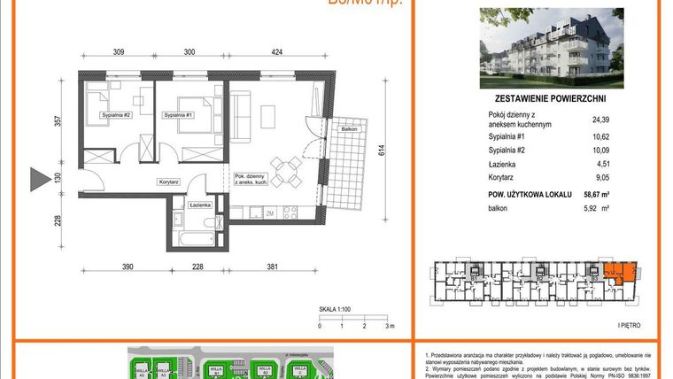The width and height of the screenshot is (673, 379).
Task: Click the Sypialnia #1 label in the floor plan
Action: [x=180, y=115]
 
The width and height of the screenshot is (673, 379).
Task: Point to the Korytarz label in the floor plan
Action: [x=170, y=182]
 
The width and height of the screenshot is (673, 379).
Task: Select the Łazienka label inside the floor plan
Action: [x=200, y=205]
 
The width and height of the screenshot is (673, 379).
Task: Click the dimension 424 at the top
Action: [x=277, y=52]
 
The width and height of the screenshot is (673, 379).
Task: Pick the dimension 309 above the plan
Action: [x=118, y=52]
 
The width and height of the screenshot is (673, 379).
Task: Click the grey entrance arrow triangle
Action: [x=38, y=179]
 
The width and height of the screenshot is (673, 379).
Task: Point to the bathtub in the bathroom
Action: [x=188, y=237]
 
